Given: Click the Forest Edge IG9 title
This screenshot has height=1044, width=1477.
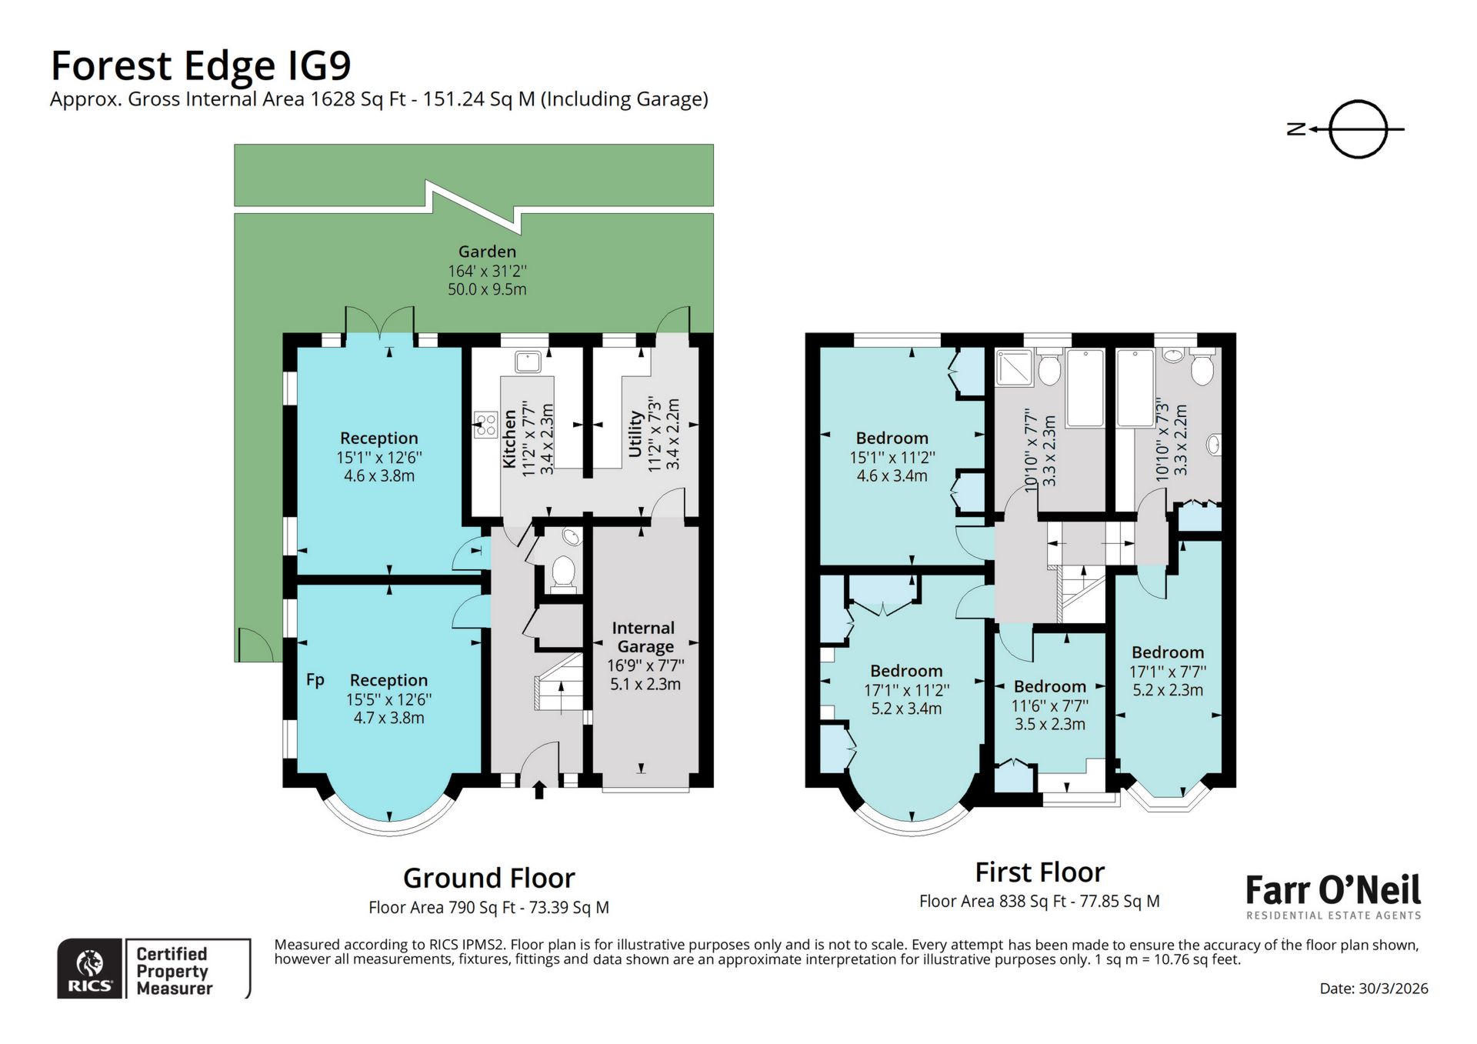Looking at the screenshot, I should point(200,66).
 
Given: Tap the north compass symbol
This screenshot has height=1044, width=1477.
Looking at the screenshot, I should point(1357,129).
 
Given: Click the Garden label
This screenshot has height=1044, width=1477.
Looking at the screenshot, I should point(487,252).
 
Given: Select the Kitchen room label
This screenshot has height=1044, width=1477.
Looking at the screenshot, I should point(509,439).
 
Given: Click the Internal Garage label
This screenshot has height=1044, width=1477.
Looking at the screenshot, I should point(645,637).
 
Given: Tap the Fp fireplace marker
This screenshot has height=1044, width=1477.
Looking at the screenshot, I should point(315,679).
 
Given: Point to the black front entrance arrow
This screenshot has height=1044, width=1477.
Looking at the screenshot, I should point(538,790).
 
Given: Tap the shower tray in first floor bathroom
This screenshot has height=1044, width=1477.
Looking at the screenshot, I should point(1015,368).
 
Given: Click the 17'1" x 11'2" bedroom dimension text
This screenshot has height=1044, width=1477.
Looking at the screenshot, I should point(906,690).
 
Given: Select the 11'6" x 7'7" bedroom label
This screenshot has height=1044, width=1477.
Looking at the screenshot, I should point(1049,686).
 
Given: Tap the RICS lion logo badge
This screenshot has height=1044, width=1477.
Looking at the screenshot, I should point(90,969).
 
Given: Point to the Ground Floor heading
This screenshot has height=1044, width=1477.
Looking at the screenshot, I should point(488,879).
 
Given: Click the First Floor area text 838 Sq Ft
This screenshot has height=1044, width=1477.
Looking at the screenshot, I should point(1039,901).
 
